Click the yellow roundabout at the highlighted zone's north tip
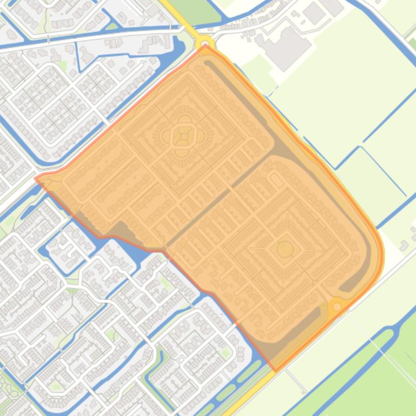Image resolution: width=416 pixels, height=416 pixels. click(205, 43)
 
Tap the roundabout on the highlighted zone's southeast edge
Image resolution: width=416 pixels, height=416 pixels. click(337, 306)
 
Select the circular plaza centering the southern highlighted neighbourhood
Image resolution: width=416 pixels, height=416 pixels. click(285, 249)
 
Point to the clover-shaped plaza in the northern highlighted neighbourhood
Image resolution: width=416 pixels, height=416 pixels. click(184, 136)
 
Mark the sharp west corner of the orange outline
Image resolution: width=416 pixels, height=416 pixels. click(36, 178)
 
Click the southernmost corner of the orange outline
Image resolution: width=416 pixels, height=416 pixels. click(276, 371)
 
